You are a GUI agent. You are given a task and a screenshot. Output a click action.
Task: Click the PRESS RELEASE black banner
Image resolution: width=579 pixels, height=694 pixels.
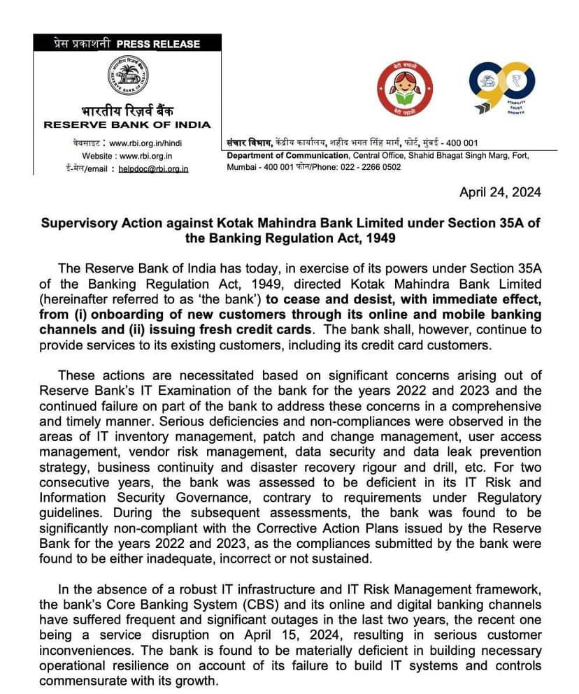pyautogui.click(x=127, y=43)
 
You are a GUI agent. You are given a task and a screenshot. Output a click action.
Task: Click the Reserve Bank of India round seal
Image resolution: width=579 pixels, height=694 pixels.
pyautogui.click(x=127, y=76)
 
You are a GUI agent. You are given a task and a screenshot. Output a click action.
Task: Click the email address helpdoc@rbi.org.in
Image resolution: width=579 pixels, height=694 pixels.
pyautogui.click(x=153, y=168)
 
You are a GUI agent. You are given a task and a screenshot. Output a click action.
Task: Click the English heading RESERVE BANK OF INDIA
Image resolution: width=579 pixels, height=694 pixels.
pyautogui.click(x=127, y=124)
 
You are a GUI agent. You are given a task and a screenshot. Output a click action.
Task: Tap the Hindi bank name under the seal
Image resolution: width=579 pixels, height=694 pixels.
pyautogui.click(x=127, y=110)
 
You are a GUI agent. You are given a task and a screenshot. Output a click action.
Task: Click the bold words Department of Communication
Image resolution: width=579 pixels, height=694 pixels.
pyautogui.click(x=287, y=155)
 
